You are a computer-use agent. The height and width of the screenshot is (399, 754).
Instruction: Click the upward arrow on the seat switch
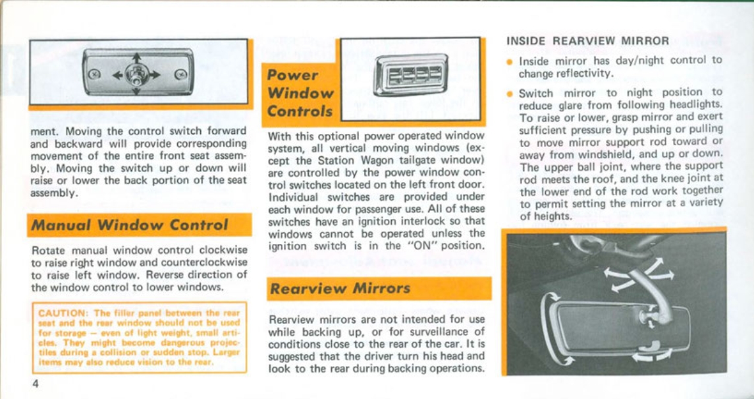(137, 59)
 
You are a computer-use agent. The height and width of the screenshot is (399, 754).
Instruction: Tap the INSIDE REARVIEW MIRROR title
(587, 41)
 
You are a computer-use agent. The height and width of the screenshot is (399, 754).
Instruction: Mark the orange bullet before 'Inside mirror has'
(510, 61)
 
